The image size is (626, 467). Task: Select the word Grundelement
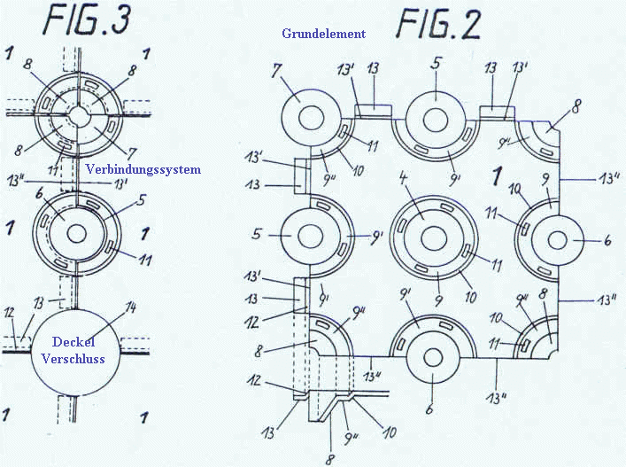click(x=323, y=34)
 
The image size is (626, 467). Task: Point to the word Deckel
click(x=73, y=343)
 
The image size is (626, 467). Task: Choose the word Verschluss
click(x=73, y=359)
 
